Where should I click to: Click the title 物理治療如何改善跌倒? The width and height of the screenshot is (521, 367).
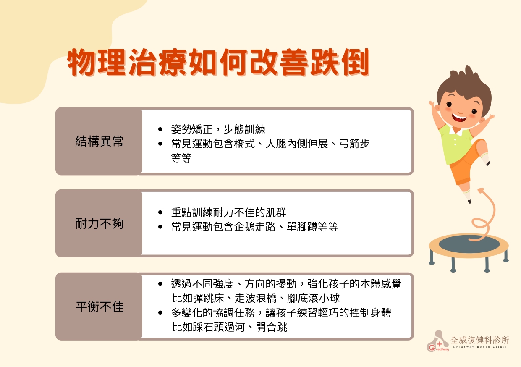pyautogui.click(x=218, y=62)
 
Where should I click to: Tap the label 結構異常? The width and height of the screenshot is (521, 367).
pyautogui.click(x=99, y=141)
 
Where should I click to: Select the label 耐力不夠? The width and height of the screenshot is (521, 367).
pyautogui.click(x=99, y=223)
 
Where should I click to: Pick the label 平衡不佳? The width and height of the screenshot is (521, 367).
pyautogui.click(x=99, y=307)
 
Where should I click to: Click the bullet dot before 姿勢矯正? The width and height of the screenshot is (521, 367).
pyautogui.click(x=160, y=129)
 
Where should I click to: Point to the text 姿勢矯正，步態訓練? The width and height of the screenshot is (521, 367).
pyautogui.click(x=218, y=129)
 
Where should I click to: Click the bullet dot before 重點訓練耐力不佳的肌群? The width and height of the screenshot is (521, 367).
pyautogui.click(x=160, y=212)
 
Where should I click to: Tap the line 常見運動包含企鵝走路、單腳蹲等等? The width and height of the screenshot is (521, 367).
pyautogui.click(x=254, y=226)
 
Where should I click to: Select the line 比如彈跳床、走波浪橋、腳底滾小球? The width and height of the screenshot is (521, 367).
pyautogui.click(x=256, y=298)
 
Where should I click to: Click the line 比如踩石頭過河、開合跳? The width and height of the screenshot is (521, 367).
pyautogui.click(x=230, y=327)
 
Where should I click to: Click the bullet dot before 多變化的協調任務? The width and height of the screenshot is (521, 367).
pyautogui.click(x=160, y=313)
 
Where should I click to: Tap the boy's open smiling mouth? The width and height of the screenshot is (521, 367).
pyautogui.click(x=459, y=118)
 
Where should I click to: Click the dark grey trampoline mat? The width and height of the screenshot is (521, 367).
pyautogui.click(x=469, y=244)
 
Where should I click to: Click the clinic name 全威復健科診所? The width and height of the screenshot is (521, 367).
pyautogui.click(x=479, y=340)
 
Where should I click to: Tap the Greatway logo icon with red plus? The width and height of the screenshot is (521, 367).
pyautogui.click(x=438, y=341)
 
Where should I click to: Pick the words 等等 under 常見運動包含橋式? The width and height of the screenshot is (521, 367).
pyautogui.click(x=181, y=158)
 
